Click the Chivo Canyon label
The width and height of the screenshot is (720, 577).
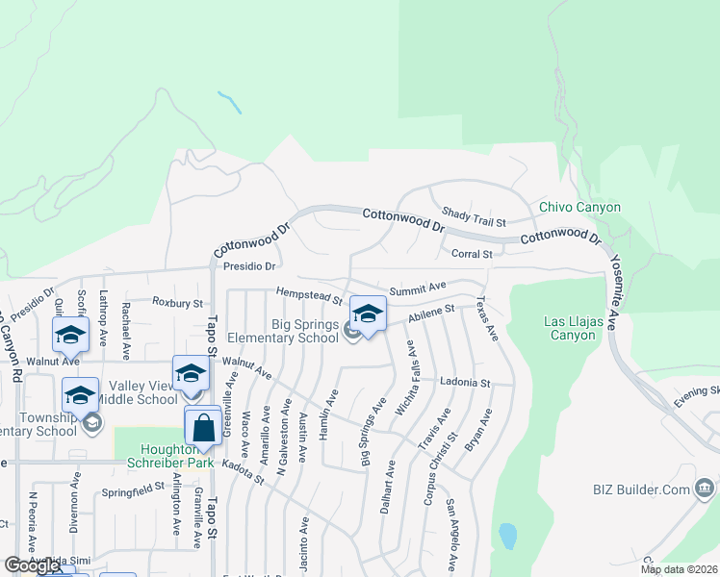pyautogui.click(x=579, y=207)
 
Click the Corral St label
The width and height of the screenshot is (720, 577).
pyautogui.click(x=472, y=254)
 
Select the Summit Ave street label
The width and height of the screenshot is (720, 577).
pyautogui.click(x=418, y=287)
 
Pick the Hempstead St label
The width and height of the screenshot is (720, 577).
pyautogui.click(x=308, y=294)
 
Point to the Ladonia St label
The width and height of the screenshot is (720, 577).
pyautogui.click(x=465, y=382)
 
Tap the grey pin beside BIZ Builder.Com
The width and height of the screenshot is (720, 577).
pyautogui.click(x=704, y=490)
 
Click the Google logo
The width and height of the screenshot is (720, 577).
pyautogui.click(x=32, y=565)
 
